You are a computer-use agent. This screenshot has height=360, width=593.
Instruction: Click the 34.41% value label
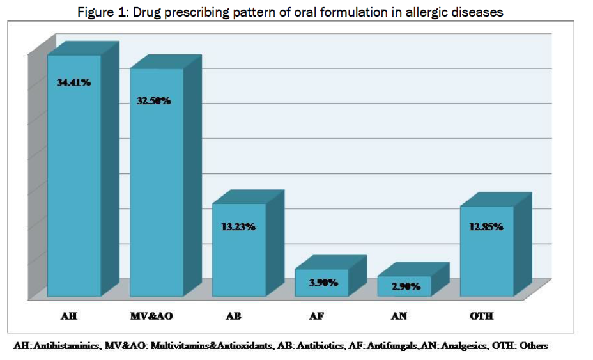[x=73, y=82]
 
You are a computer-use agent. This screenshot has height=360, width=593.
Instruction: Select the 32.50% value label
[x=153, y=101]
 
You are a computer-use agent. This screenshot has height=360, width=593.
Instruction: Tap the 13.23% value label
[x=238, y=226]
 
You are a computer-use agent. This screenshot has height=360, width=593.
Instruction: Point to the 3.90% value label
[x=323, y=281]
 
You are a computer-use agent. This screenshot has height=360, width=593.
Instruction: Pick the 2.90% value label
[x=406, y=286]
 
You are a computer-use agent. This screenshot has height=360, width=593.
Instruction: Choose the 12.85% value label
[x=486, y=226]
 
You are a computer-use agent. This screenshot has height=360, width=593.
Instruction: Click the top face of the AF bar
[x=331, y=263]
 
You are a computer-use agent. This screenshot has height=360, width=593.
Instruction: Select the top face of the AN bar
[x=413, y=270]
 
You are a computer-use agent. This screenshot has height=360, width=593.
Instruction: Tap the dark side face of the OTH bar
[x=523, y=246]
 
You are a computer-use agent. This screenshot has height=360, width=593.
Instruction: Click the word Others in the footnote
[x=534, y=346]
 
